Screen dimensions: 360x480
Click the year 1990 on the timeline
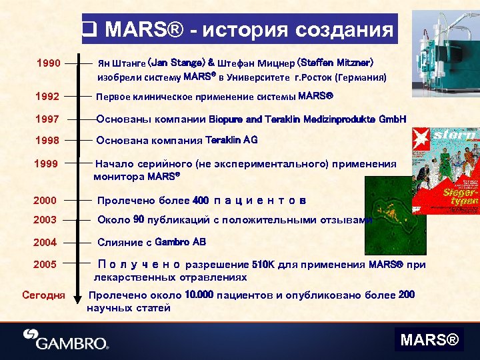(48, 65)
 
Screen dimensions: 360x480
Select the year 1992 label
(48, 97)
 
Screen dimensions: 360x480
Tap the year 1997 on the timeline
(48, 119)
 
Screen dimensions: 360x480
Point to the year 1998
(48, 141)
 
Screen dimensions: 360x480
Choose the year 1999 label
(48, 164)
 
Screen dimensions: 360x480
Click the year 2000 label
(45, 201)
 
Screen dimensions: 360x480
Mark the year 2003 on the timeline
(45, 220)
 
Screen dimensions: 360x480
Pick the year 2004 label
(45, 242)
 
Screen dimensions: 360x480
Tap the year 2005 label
(45, 265)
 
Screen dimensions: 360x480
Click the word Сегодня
(43, 295)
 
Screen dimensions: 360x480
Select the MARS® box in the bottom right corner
(429, 341)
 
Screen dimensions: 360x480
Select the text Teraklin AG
(231, 141)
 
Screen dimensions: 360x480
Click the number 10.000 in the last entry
(199, 295)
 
